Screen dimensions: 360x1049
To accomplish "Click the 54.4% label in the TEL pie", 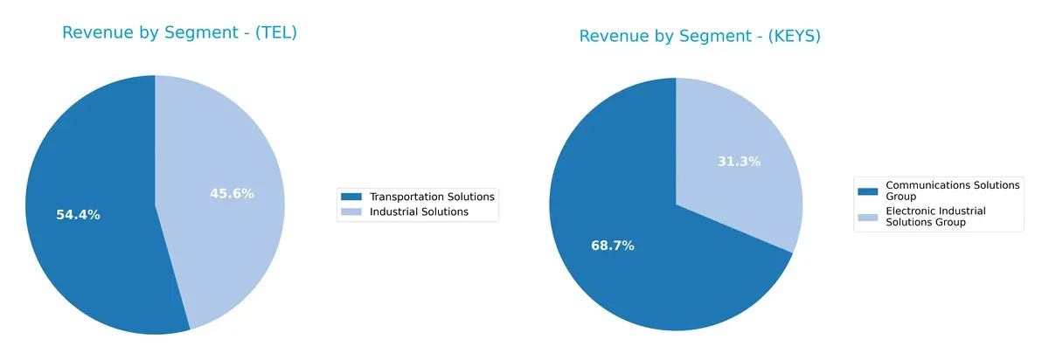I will [x=78, y=215].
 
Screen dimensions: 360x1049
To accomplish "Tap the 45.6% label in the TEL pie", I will [x=232, y=194].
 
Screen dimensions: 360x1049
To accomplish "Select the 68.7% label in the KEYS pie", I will [x=612, y=246].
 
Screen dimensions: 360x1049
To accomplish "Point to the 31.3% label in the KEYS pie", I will [x=740, y=162].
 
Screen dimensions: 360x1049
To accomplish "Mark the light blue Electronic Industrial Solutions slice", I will [x=743, y=192].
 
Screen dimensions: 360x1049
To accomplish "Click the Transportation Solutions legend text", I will [x=432, y=197].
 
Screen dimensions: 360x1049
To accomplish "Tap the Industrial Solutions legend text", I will [x=419, y=211].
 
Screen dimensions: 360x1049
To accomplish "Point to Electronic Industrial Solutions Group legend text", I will [x=935, y=217].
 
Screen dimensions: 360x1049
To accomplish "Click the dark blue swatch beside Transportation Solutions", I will [x=351, y=197].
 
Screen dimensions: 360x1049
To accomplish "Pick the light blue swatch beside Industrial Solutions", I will [x=351, y=211].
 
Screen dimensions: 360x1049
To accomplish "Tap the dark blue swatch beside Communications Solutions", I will [x=868, y=190].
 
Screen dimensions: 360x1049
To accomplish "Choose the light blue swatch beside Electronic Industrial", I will [x=868, y=217].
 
